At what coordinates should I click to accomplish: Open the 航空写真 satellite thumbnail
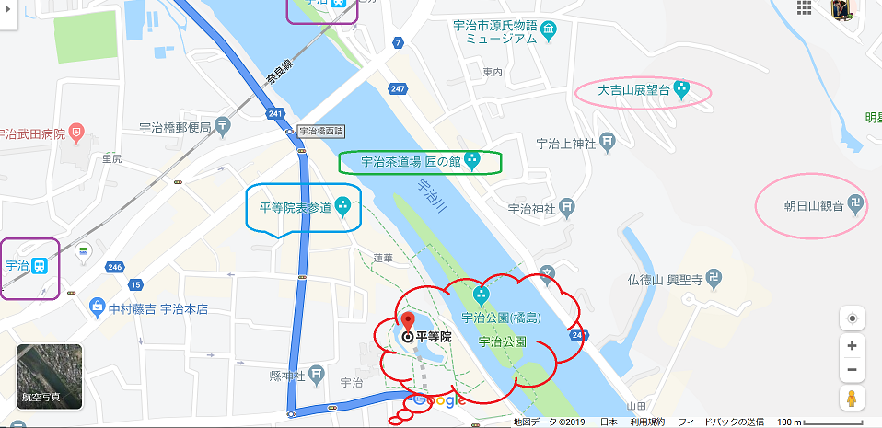click(50, 376)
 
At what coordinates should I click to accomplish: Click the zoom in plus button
click(852, 345)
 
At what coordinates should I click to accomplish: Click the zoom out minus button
click(852, 370)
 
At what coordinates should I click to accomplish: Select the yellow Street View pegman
click(852, 399)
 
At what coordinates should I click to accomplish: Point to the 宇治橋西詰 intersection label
click(318, 132)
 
